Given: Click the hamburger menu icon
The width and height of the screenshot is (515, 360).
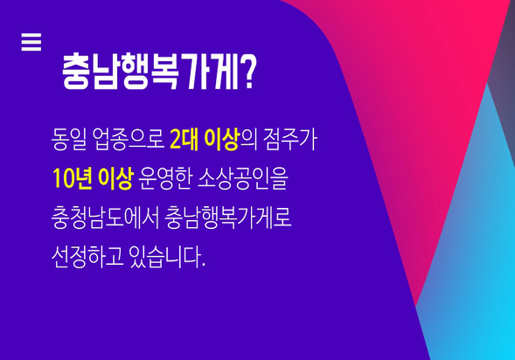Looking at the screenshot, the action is coord(31,42).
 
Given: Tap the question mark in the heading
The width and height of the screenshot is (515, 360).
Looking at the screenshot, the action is coord(248,72).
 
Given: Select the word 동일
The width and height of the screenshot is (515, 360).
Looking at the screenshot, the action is coord(69,140).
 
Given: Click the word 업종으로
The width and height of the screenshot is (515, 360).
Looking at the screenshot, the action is coord(129,140).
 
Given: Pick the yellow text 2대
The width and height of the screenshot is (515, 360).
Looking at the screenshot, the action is coord(184,140).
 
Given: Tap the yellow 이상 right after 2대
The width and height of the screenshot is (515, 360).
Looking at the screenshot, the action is coord(222,140).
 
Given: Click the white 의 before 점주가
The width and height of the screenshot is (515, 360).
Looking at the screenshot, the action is coord(249,140).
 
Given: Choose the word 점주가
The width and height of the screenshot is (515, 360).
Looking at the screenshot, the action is coord(290,140).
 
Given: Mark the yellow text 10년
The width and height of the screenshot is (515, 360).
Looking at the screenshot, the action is coord(72,179).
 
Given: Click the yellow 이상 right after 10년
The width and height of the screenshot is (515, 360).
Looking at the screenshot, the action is coord(115,179).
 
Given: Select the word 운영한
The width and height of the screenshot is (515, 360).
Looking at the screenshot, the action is coord(164,179).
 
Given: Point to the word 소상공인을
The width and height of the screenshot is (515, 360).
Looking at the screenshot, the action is coord(243,179).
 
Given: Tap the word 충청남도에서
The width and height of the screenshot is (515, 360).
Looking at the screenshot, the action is coord(106,218).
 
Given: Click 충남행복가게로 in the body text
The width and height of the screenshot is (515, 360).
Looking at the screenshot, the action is coord(228,218).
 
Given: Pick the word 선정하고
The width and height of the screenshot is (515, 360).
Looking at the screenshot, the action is coord(87,257).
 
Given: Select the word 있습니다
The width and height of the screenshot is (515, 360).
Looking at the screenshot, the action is coord(164,257).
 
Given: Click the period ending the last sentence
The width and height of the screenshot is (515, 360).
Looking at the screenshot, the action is coord(204,265).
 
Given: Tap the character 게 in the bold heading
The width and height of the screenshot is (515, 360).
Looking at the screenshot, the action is coord(224,72).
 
